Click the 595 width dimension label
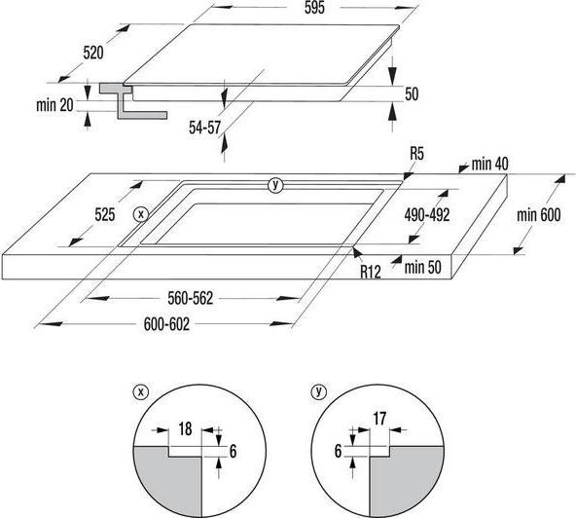tap(315, 8)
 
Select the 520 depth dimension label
tap(93, 53)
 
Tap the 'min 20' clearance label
tap(54, 105)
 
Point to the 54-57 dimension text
tap(204, 128)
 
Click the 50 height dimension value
tap(412, 94)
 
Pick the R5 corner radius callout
tap(417, 153)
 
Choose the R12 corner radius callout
tap(371, 272)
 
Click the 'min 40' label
tap(490, 164)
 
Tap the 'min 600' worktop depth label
tap(539, 215)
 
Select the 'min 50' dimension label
tap(423, 267)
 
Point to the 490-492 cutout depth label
tap(427, 215)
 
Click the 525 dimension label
tap(105, 215)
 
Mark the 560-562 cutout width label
tap(191, 298)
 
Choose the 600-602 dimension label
tap(166, 324)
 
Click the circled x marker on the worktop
tap(141, 214)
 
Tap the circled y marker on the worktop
tap(275, 185)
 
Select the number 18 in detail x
tap(185, 428)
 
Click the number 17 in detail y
tap(379, 419)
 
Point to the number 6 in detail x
tap(233, 452)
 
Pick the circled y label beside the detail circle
tap(318, 391)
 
